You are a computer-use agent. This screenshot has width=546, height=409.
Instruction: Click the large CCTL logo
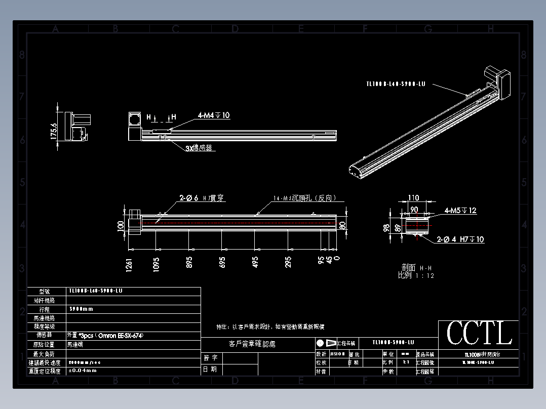(x=479, y=334)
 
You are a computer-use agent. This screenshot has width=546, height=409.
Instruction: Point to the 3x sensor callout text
(x=198, y=148)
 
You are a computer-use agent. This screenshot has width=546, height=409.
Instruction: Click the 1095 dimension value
(x=156, y=263)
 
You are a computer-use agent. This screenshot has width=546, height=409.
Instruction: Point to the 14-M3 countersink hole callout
(x=304, y=198)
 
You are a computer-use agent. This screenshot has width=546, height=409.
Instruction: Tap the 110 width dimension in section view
(x=414, y=198)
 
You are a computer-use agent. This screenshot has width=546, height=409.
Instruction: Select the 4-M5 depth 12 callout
(x=460, y=211)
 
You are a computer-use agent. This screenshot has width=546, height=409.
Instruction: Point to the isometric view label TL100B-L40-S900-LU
(x=395, y=84)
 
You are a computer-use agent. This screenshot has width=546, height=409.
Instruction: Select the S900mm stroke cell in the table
(x=81, y=309)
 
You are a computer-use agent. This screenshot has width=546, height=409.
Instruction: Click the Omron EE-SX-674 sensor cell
(x=101, y=335)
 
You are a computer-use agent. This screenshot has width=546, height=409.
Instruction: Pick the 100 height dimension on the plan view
(x=121, y=225)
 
